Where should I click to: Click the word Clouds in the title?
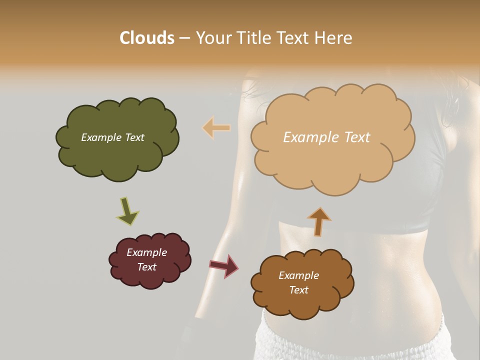147,37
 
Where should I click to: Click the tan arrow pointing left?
216,128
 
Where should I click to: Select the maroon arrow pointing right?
223,265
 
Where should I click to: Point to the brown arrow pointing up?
319,221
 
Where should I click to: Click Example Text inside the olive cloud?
112,137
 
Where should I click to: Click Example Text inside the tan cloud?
326,137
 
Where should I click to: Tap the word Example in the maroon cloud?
146,252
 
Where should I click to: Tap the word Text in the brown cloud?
298,290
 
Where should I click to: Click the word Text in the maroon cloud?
146,267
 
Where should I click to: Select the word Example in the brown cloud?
298,275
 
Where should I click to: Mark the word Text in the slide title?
295,37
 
